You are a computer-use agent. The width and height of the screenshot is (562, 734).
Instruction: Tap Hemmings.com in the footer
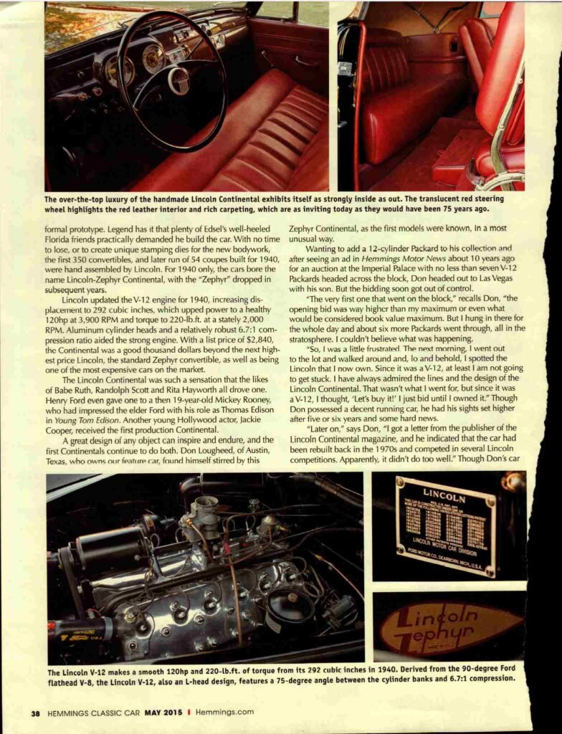click(x=223, y=712)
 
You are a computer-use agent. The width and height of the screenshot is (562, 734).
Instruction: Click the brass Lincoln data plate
click(x=444, y=526)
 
